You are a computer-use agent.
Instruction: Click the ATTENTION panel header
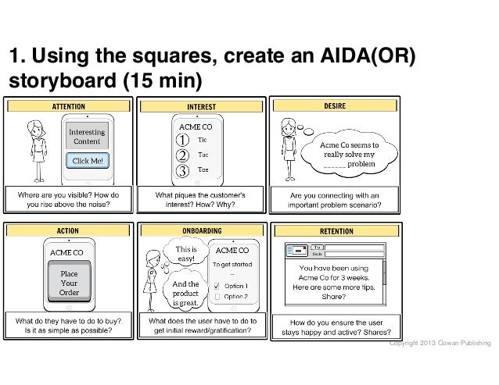(69, 105)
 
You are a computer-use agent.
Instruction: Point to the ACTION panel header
(69, 230)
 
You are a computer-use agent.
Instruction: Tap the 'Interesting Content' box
(87, 137)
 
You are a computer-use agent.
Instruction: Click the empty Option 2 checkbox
(217, 297)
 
